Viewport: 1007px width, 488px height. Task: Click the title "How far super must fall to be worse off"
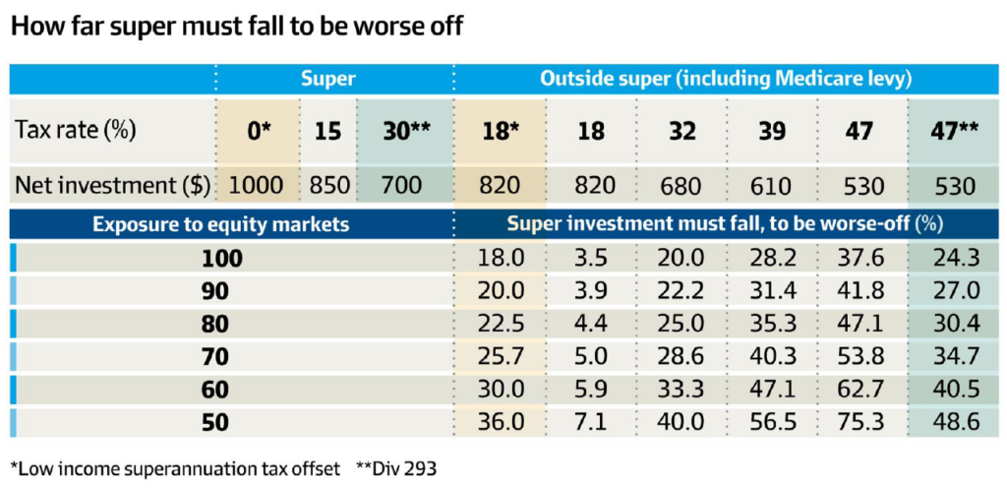(x=236, y=29)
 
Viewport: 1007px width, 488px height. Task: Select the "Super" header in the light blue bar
(x=328, y=79)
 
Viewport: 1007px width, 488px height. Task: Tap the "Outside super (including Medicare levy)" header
(x=727, y=79)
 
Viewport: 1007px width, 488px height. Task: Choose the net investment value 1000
(x=257, y=186)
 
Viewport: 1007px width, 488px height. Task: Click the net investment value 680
(x=682, y=186)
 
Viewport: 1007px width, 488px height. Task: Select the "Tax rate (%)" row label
(x=75, y=131)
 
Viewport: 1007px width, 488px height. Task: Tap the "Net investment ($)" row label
(x=112, y=186)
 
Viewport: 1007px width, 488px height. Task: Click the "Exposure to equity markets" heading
(x=221, y=224)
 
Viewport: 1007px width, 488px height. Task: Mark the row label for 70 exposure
(x=214, y=357)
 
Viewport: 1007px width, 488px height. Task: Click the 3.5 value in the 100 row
(x=591, y=259)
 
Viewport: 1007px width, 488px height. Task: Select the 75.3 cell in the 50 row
(x=860, y=422)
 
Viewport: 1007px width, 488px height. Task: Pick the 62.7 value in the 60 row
(x=860, y=390)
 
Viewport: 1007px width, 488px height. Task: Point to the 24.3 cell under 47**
(x=957, y=259)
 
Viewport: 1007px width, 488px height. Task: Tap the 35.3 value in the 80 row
(x=773, y=325)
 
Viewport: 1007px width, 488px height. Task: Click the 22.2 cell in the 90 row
(x=681, y=291)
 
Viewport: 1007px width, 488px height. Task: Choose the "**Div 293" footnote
(x=396, y=468)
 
